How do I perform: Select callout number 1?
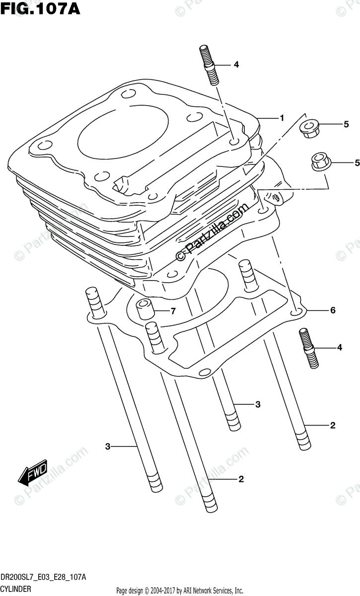[281, 118]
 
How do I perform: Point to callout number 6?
[333, 311]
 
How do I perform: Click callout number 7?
[173, 311]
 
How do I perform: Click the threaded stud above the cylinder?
[210, 67]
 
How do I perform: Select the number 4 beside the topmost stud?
[236, 65]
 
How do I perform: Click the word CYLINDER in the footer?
[16, 589]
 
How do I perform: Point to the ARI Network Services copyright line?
[179, 591]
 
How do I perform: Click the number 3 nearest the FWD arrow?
[107, 447]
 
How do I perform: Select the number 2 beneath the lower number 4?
[333, 425]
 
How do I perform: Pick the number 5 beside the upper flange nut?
[346, 125]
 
